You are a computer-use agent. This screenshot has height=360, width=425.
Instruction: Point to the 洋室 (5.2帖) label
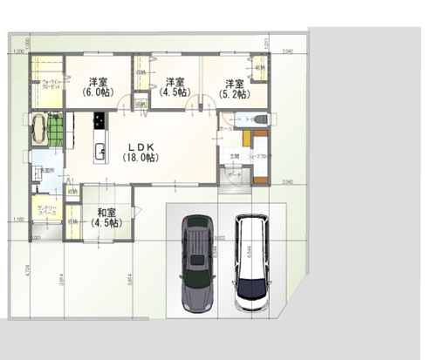[x=231, y=88]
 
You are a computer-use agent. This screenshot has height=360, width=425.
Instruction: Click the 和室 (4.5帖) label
[x=107, y=217]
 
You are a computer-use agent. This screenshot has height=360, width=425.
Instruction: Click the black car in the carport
[x=199, y=265]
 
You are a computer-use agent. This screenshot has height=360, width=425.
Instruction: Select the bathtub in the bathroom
[x=40, y=129]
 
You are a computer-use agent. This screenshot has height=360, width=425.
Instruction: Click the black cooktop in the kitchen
[x=99, y=120]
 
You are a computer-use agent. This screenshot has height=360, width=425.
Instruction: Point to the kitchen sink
[x=99, y=146]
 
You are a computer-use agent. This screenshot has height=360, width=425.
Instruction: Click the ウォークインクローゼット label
[x=46, y=86]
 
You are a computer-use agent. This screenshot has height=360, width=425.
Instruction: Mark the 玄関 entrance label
[x=233, y=157]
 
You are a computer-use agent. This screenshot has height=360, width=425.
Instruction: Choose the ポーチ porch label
[x=234, y=174]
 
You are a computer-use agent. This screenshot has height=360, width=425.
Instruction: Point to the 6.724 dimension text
[x=28, y=271]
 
